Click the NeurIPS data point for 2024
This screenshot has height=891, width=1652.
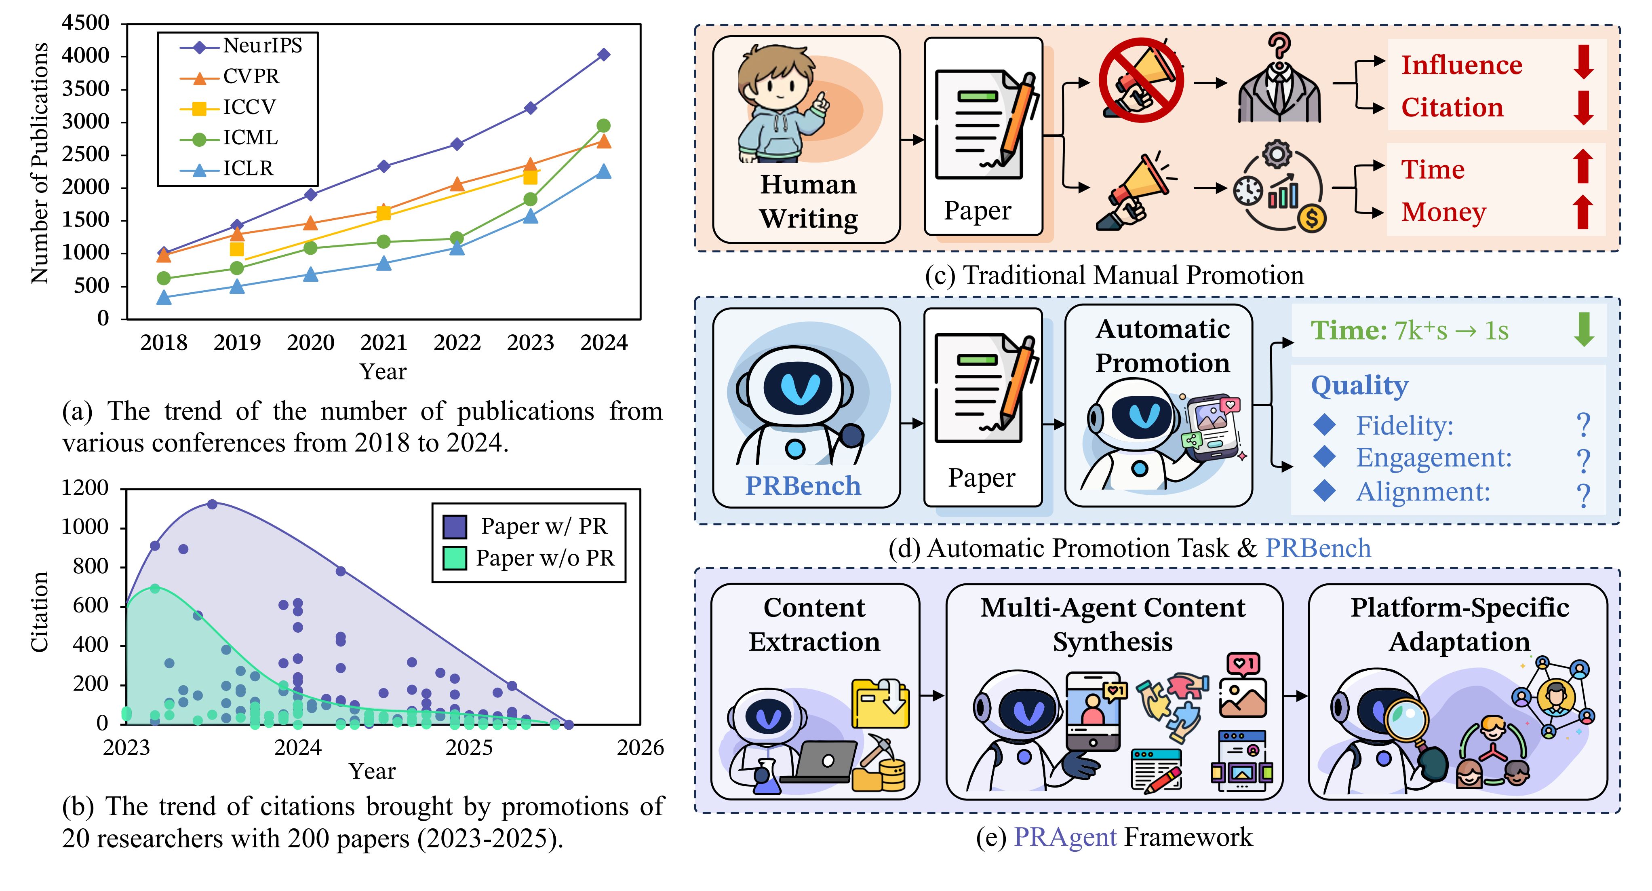coord(603,55)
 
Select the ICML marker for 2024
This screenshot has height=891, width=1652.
coord(603,126)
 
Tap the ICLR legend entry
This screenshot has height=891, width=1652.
coord(248,169)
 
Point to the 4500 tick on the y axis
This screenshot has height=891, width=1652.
coord(85,23)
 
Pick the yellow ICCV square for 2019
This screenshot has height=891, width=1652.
coord(237,249)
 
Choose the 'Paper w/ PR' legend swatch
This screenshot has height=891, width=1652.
coord(455,527)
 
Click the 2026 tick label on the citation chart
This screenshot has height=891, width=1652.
coord(640,748)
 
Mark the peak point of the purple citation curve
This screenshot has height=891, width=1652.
coord(212,504)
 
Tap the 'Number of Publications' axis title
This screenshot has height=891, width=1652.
coord(40,164)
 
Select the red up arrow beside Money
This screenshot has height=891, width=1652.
coord(1583,212)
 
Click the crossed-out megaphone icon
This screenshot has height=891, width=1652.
coord(1141,80)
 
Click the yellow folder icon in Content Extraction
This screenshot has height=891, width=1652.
coord(880,704)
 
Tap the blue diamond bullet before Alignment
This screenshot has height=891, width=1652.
coord(1324,491)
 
